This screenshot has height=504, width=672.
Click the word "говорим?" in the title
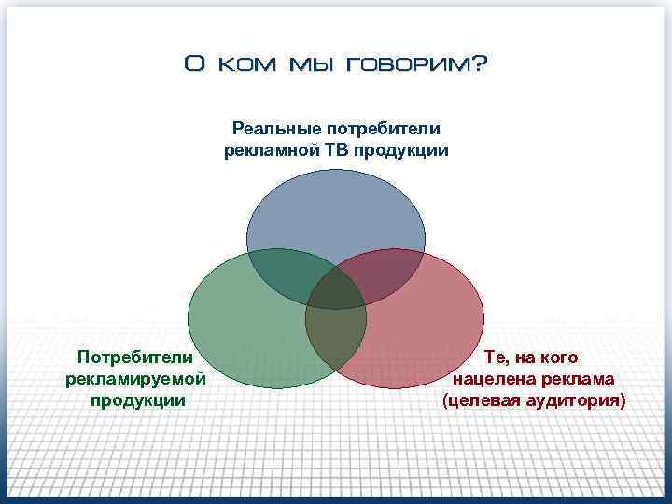416,65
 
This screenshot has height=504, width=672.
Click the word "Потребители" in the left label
135,357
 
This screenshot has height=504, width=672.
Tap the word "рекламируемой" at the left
135,379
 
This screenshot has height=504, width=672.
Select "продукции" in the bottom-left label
135,400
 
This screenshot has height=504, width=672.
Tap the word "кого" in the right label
558,357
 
